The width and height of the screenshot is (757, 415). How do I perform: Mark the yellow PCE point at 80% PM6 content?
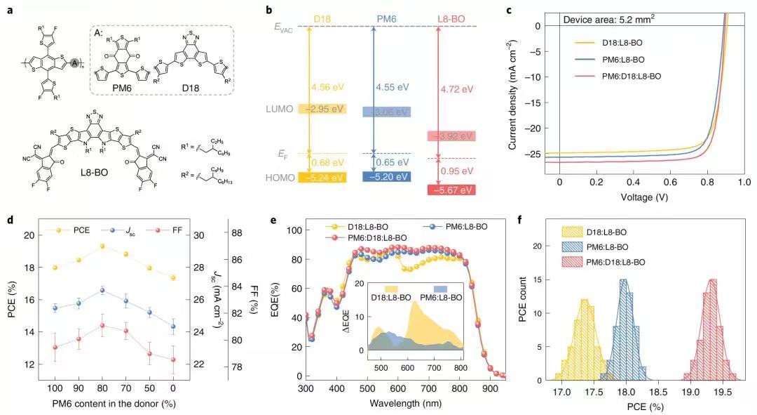pyautogui.click(x=102, y=246)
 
